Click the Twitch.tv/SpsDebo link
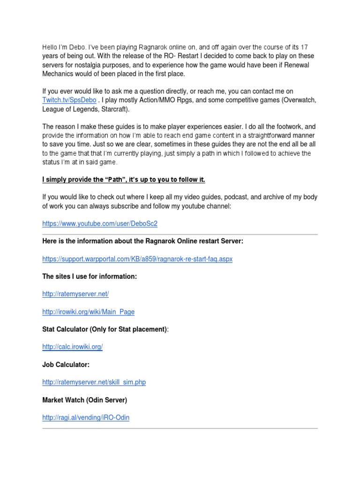[69, 100]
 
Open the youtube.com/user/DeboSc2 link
[100, 224]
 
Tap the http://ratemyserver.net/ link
[75, 294]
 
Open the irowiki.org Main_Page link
[88, 312]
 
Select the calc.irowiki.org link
[72, 347]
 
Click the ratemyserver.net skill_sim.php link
[94, 382]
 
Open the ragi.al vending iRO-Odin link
[86, 417]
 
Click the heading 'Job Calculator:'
[66, 364]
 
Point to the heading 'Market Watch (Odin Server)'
[84, 400]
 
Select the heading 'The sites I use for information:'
[90, 277]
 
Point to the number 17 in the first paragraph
[304, 47]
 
